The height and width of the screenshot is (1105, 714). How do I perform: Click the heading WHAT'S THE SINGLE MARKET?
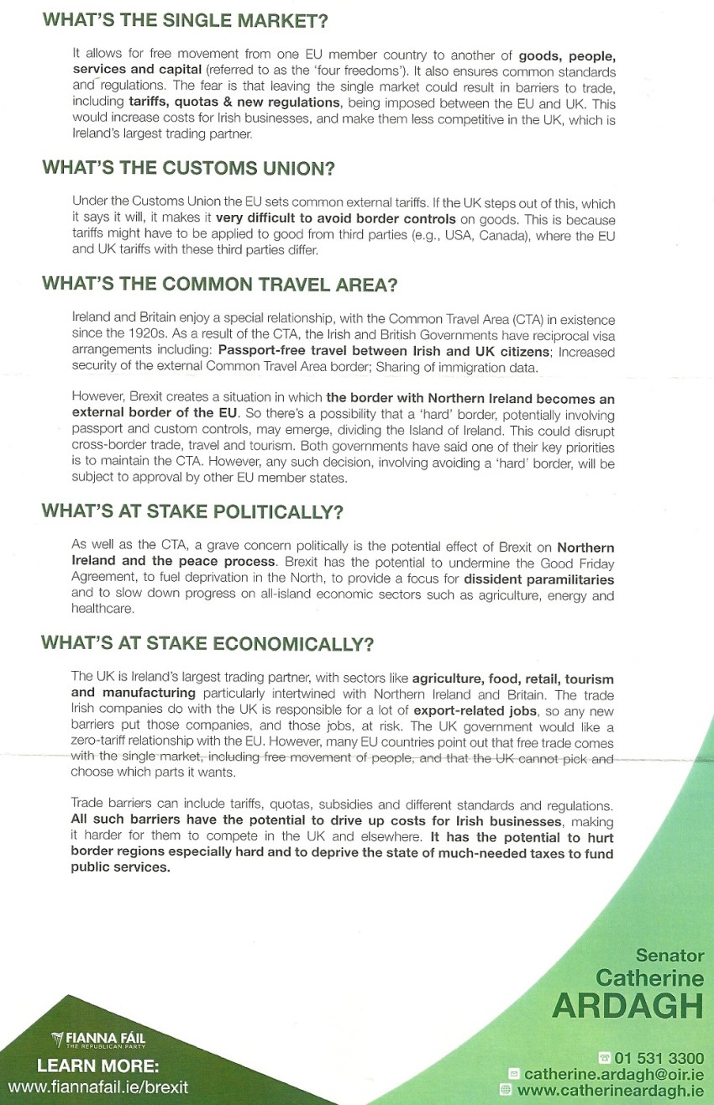tap(184, 21)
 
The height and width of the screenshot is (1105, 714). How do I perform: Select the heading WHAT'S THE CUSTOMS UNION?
tap(188, 168)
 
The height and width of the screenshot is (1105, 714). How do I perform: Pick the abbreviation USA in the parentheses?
tap(458, 235)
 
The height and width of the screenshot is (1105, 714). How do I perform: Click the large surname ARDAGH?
tap(627, 1005)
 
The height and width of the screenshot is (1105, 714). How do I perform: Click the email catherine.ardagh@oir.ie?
tap(613, 1073)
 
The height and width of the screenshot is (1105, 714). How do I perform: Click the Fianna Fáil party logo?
tap(97, 1040)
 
